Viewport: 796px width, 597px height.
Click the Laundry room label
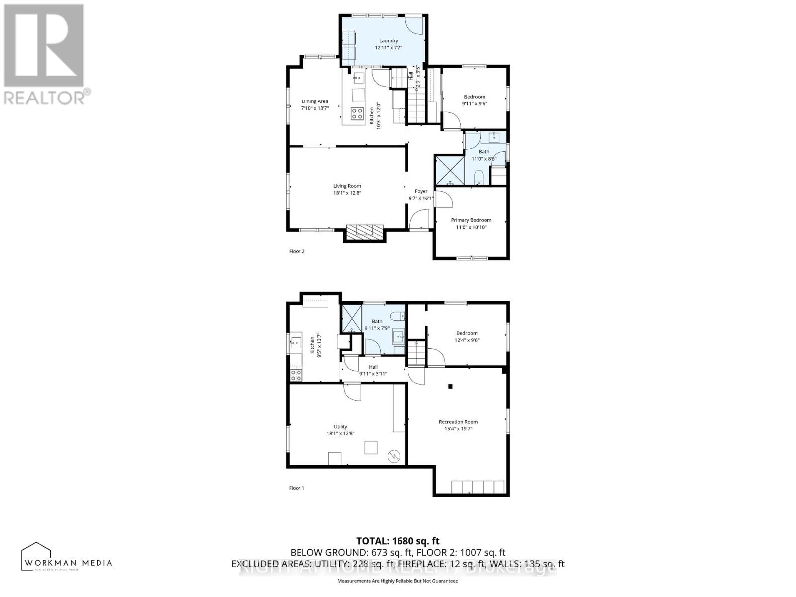(388, 41)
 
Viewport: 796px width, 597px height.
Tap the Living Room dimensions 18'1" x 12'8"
(347, 193)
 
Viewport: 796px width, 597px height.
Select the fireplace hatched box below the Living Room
(365, 231)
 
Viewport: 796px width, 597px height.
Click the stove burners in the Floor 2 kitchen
(357, 114)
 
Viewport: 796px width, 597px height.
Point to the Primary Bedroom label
(471, 220)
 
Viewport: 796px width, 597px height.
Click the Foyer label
(421, 191)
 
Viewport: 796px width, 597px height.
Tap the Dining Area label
(315, 101)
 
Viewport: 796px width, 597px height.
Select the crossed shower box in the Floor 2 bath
(450, 170)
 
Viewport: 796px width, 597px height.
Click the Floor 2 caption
(297, 251)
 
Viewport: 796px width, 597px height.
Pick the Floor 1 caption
(297, 488)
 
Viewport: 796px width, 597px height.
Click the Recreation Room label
(458, 422)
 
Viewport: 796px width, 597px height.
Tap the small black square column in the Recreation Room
(451, 386)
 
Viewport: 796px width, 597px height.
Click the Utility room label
(340, 427)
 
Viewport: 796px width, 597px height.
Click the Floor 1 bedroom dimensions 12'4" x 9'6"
(467, 341)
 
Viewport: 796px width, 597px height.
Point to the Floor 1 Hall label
(373, 367)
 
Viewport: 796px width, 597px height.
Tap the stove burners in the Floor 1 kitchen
(296, 375)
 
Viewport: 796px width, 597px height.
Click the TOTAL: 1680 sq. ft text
(398, 541)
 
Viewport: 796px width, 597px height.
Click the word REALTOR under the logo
(45, 97)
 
